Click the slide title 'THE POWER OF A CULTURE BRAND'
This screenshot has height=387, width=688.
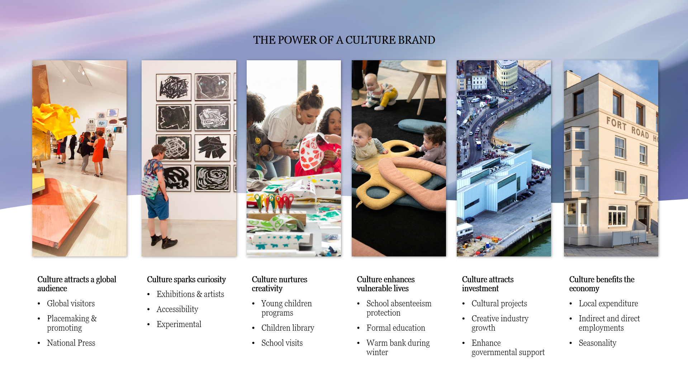[x=344, y=40]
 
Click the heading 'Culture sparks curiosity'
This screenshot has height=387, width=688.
[x=186, y=279]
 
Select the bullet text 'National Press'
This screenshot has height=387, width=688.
[x=71, y=343]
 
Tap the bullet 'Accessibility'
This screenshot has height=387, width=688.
[x=177, y=309]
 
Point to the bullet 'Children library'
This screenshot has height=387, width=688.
[x=288, y=328]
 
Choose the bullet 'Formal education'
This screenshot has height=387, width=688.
[x=395, y=328]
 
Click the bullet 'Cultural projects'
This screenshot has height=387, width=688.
[x=499, y=303]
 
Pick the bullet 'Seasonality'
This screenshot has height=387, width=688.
[x=597, y=343]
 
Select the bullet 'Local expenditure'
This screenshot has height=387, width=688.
[x=608, y=303]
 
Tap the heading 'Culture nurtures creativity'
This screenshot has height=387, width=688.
[x=279, y=284]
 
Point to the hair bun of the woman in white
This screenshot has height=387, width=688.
[x=314, y=89]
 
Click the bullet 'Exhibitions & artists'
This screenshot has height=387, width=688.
[x=190, y=294]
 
